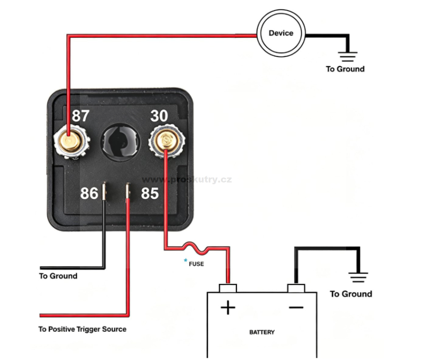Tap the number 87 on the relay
80,116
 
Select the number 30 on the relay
159,116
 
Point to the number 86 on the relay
89,193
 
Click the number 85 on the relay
150,193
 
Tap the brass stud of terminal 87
70,142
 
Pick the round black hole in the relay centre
120,142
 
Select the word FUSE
196,264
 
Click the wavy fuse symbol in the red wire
196,248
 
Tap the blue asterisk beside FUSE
185,260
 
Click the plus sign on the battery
228,308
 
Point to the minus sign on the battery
296,308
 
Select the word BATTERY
262,332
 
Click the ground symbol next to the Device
348,56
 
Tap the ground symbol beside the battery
358,277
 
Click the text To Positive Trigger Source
83,329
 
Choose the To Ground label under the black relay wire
58,276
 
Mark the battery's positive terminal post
228,288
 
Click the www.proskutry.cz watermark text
187,180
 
